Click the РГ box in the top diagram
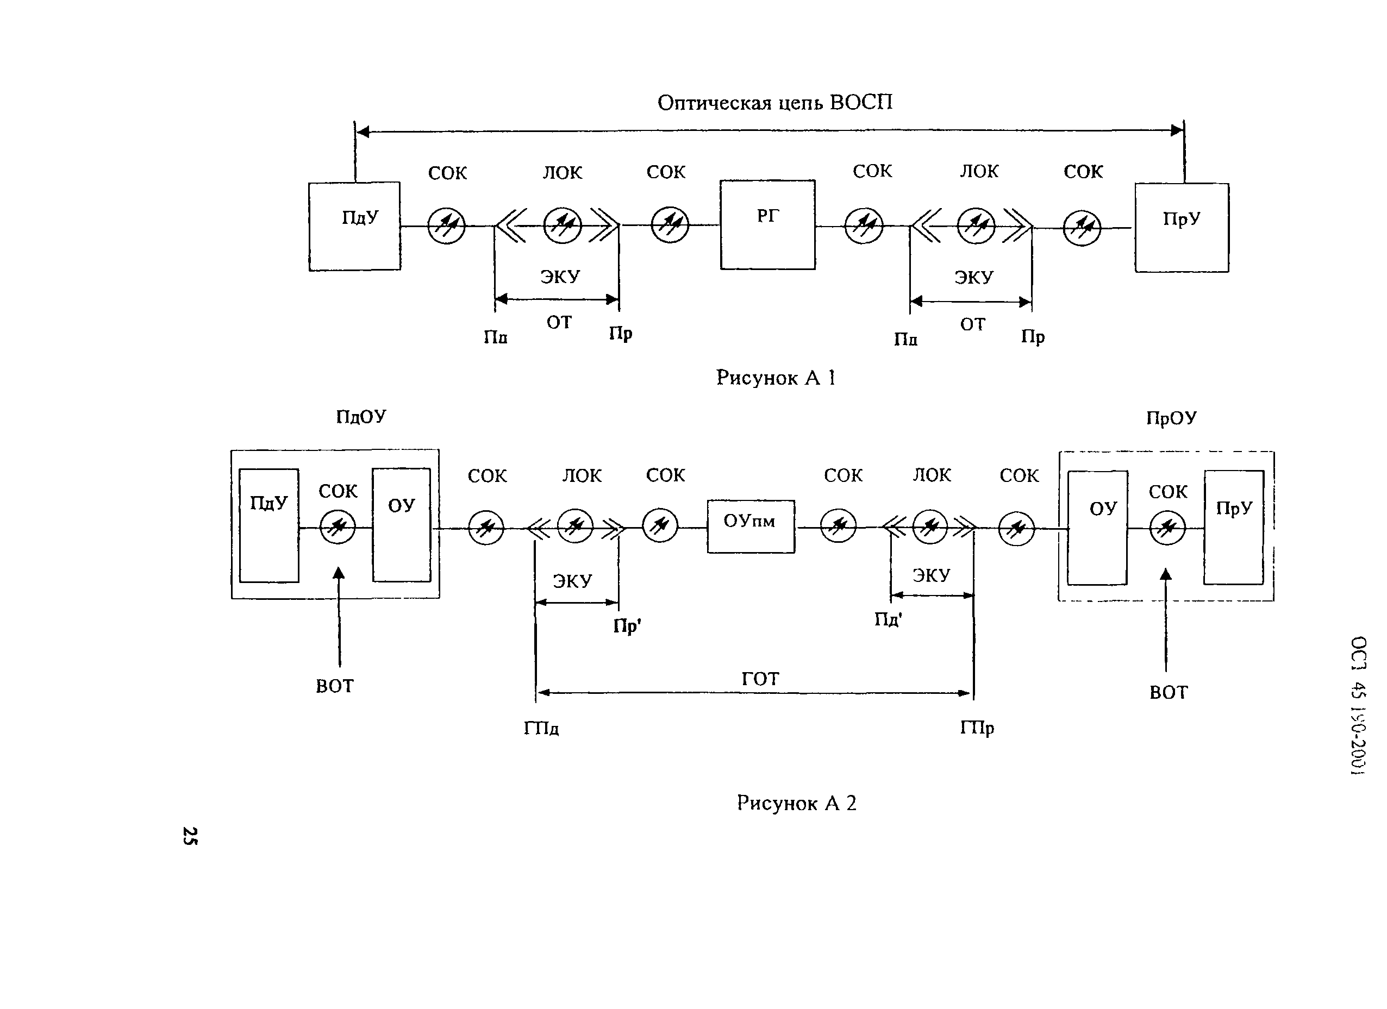(767, 224)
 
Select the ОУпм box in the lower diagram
(751, 527)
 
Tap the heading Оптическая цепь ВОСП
(774, 102)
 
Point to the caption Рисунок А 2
(796, 803)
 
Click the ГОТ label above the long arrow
(760, 679)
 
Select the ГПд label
(541, 728)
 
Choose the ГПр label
(977, 728)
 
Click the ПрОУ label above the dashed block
(1171, 418)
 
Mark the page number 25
(190, 836)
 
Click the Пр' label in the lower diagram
(627, 626)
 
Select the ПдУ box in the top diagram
(355, 226)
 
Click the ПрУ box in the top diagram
(1182, 228)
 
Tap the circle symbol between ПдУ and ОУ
(338, 527)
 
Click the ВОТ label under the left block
(334, 686)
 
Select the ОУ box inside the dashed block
(1097, 527)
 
